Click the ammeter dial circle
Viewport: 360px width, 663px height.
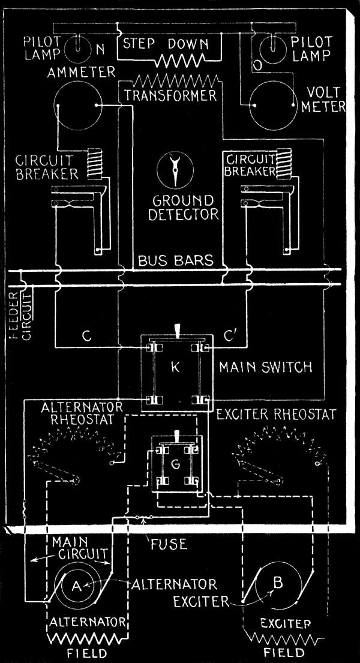[x=76, y=104]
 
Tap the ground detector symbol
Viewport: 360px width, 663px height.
[x=175, y=169]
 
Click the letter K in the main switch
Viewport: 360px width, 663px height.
[x=175, y=367]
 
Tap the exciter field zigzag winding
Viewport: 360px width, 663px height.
[x=283, y=635]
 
